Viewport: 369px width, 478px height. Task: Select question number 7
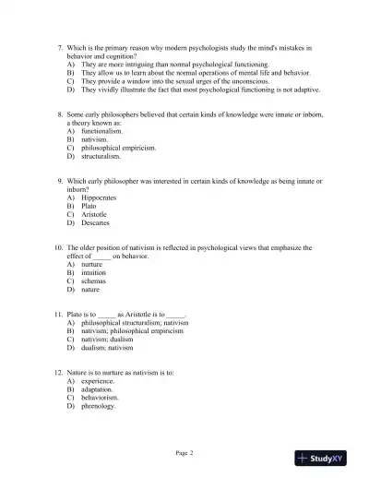58,45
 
